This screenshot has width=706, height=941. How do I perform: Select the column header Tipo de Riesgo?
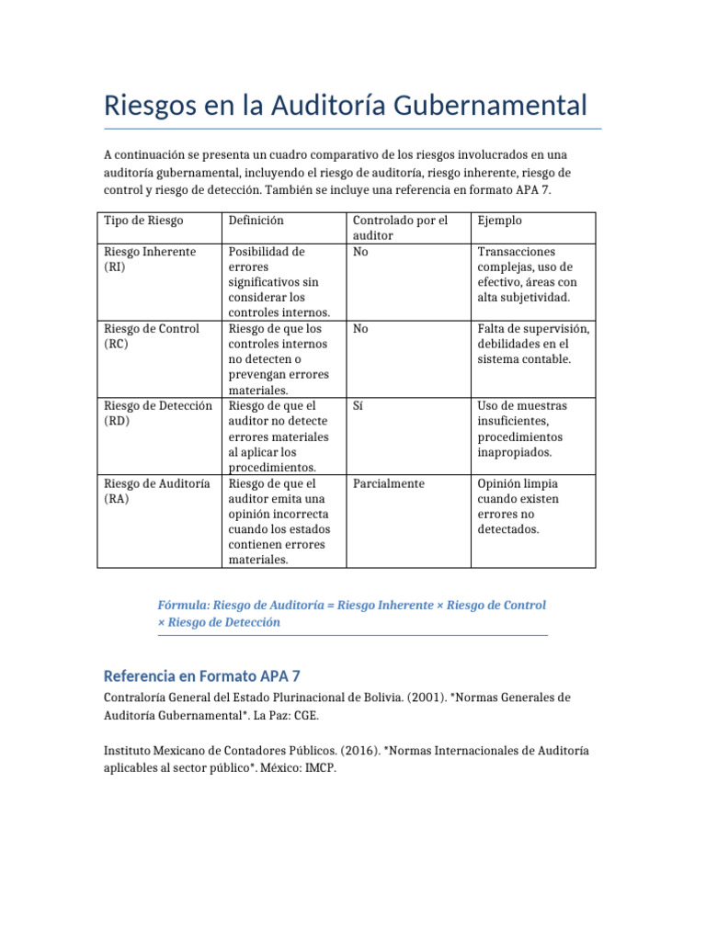coord(143,221)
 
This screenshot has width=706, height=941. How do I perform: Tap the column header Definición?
coord(256,221)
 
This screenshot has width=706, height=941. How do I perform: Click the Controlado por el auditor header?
coord(400,228)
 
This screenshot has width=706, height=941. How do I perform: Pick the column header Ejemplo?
coord(500,221)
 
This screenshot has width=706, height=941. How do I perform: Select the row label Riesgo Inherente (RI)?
coord(150,259)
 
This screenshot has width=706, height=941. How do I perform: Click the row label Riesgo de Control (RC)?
coord(152,336)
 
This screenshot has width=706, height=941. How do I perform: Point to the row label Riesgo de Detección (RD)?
coord(158,414)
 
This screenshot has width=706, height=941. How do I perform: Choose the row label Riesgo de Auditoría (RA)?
coord(157,491)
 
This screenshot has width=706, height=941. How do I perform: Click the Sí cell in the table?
coord(359,406)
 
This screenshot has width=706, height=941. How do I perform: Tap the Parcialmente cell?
coord(389,483)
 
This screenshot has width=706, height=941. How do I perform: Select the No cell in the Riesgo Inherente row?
coord(360,252)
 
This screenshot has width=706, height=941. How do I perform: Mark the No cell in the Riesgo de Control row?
coord(360,329)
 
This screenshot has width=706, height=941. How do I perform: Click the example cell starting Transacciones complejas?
coord(527,275)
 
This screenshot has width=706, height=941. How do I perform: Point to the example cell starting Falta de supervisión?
coord(533,344)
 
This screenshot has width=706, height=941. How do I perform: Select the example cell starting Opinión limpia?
coord(518,506)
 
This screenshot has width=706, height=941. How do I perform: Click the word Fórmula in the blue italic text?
coord(184,606)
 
